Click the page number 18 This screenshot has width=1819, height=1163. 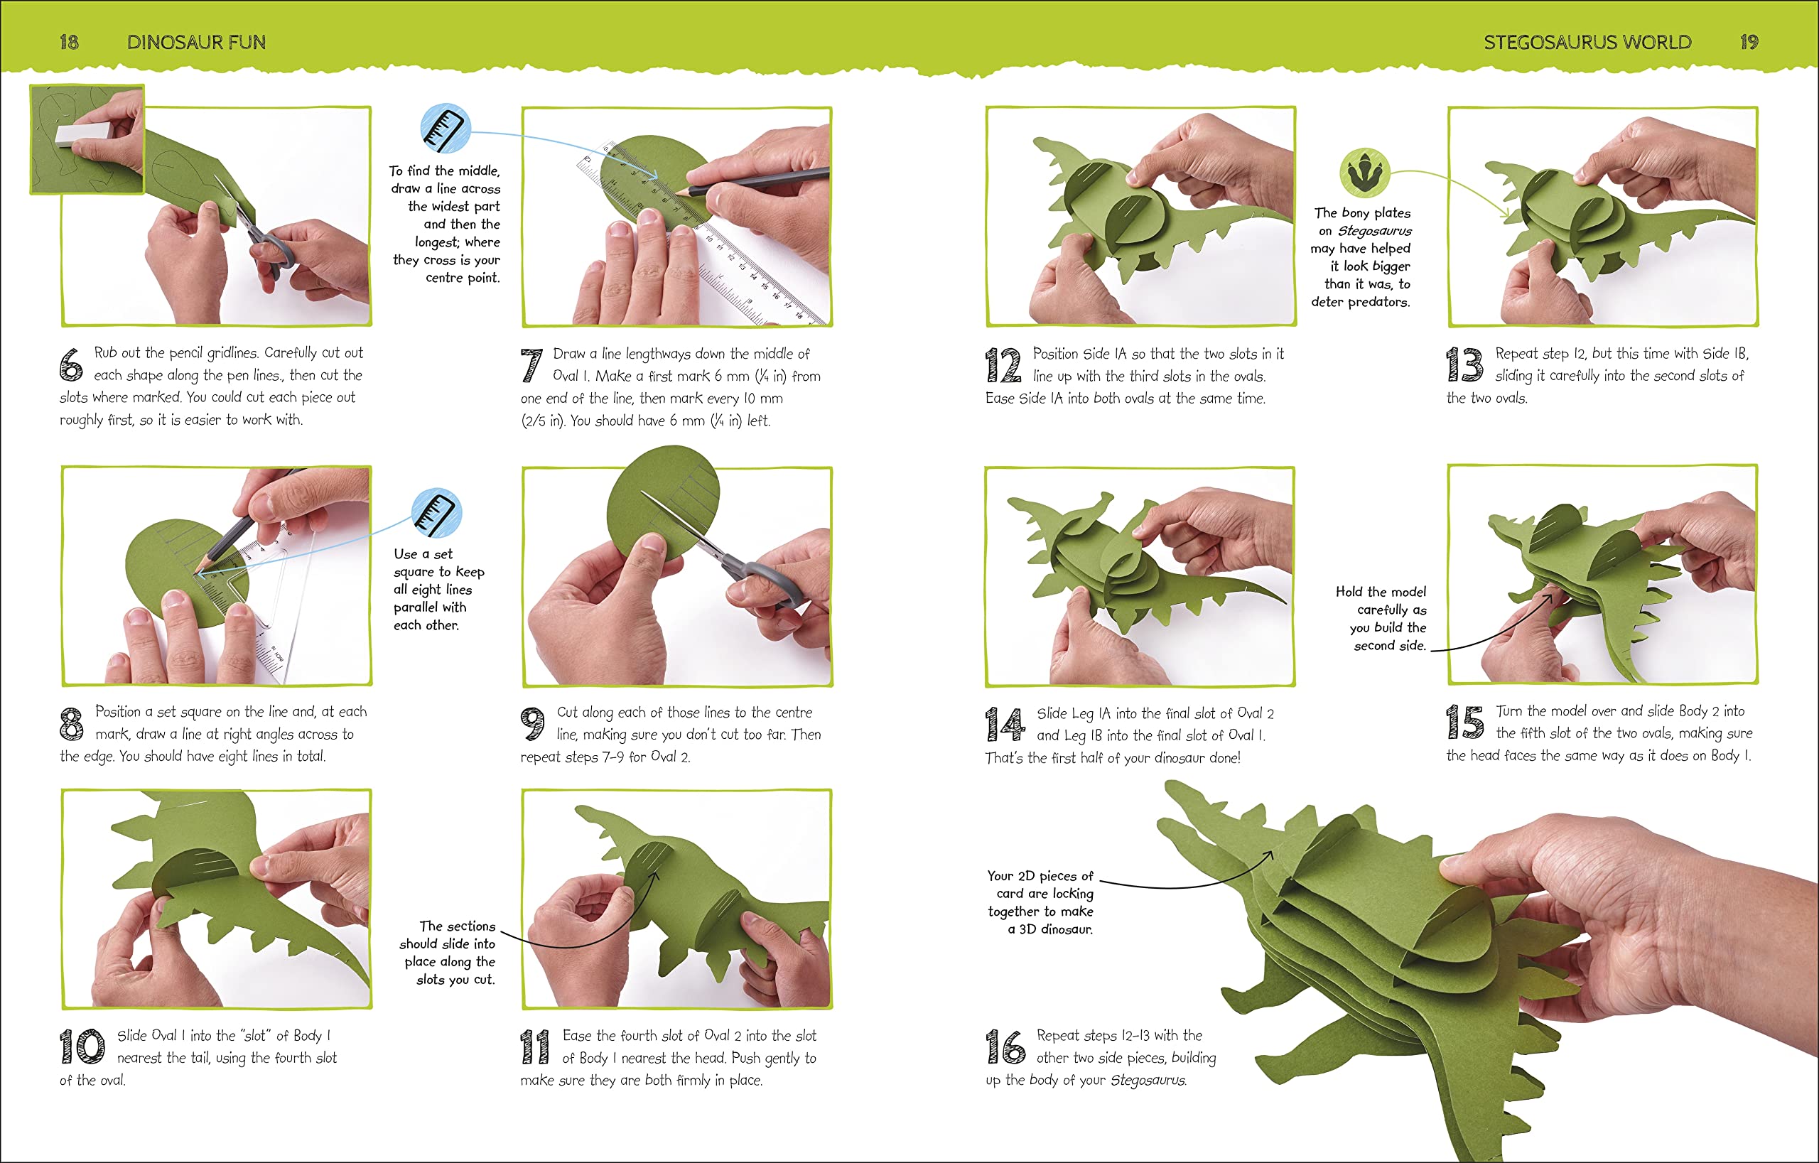[69, 43]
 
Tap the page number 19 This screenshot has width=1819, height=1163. [1749, 43]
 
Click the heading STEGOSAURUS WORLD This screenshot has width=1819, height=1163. [1587, 43]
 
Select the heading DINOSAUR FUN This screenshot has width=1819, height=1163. [196, 43]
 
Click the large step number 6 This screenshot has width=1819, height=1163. [71, 364]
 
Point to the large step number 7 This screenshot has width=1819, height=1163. [531, 365]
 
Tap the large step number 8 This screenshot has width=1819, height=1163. [71, 723]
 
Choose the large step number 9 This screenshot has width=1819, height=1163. [533, 724]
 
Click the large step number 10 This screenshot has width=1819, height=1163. [82, 1046]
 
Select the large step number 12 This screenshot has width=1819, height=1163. [1003, 365]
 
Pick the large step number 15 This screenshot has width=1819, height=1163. [1464, 722]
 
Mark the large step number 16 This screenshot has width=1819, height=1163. [1005, 1046]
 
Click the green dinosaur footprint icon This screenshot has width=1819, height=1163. [1364, 172]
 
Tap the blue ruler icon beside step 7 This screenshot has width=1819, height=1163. [446, 129]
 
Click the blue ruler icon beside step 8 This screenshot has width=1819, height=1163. [436, 513]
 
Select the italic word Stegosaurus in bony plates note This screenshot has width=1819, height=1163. [1374, 231]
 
